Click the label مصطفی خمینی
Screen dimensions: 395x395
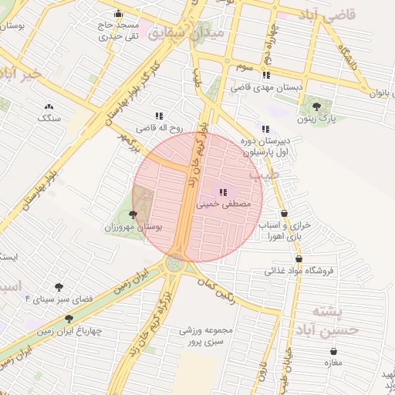pos(225,206)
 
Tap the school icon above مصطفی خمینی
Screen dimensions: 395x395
pos(224,192)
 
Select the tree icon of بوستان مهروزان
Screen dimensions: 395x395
pos(133,215)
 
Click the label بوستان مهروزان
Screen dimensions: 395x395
pos(132,228)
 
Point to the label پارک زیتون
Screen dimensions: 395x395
pos(318,119)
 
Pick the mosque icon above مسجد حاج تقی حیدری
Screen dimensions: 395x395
pos(117,13)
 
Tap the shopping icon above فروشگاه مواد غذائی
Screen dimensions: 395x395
pos(299,258)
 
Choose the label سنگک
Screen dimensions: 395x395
pos(49,118)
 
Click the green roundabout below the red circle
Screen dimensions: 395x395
pos(175,264)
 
